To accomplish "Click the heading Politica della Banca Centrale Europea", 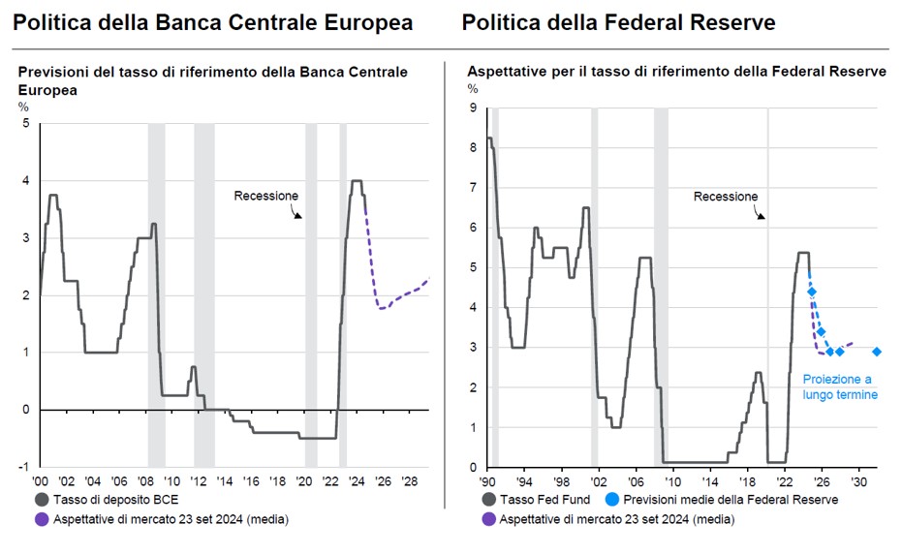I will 213,22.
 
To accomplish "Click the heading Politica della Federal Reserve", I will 618,22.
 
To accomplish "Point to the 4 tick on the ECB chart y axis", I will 25,181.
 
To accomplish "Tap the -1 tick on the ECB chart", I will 24,467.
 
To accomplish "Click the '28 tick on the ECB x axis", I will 409,480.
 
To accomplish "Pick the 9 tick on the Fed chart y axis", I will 473,108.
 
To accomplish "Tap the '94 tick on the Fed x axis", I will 524,480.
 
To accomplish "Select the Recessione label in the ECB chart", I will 265,196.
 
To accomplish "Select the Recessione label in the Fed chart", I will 725,197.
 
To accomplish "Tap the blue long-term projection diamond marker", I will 877,353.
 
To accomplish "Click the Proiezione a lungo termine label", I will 839,387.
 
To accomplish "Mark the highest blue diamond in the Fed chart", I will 811,292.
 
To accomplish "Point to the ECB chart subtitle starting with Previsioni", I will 212,80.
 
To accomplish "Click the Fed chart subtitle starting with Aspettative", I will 676,72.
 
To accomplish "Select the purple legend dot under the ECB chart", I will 42,520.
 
